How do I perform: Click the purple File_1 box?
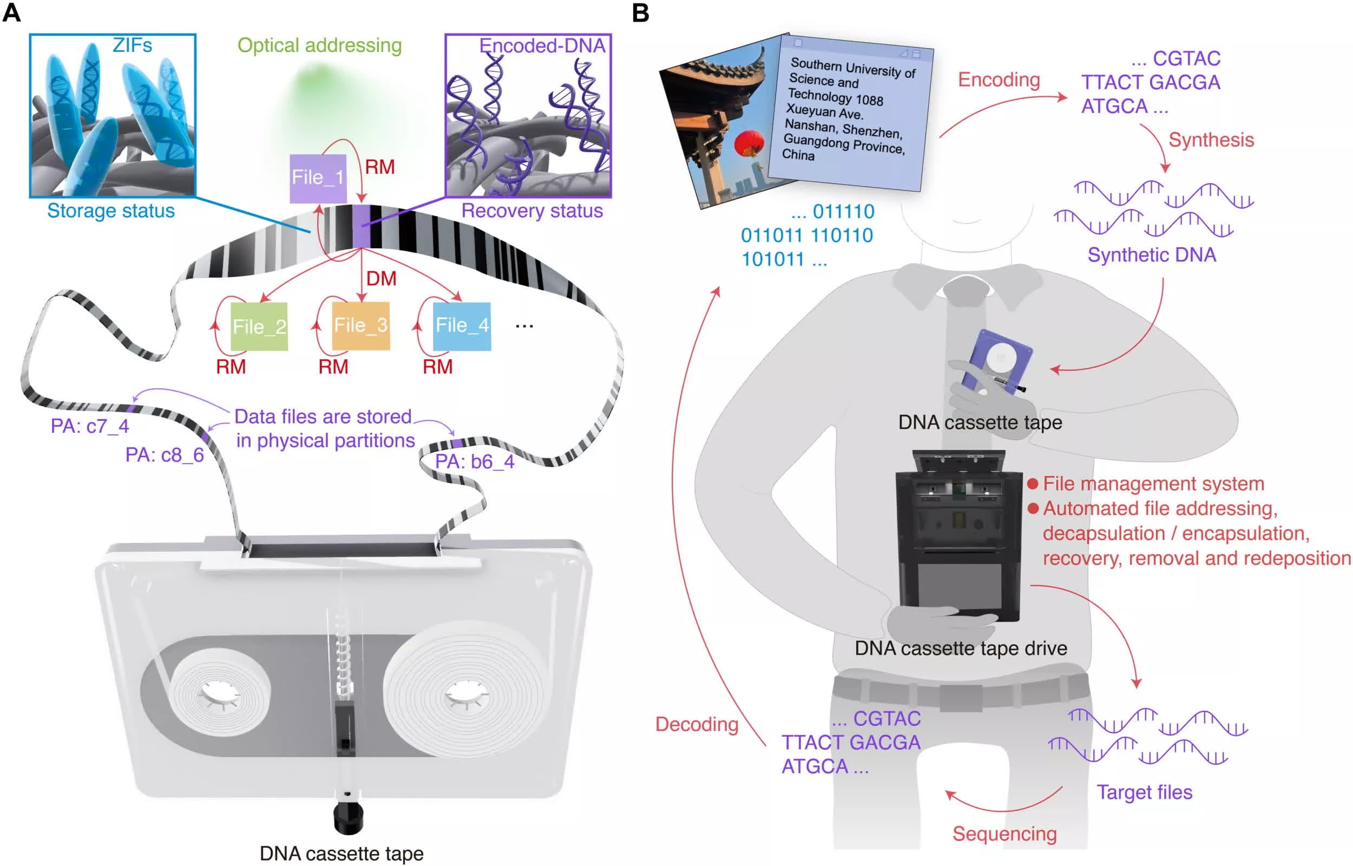(x=318, y=179)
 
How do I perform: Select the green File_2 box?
(x=259, y=327)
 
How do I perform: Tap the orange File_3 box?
(x=360, y=326)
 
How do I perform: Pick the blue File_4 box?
(x=462, y=326)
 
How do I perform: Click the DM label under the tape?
(x=382, y=279)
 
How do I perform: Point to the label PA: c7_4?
(x=90, y=426)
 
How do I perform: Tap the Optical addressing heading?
(x=319, y=45)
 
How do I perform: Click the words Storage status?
(x=111, y=211)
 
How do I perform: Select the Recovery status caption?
(x=531, y=211)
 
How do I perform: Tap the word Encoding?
(x=999, y=80)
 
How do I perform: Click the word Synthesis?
(x=1211, y=140)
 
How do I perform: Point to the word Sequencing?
(x=1004, y=834)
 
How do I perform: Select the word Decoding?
(x=697, y=724)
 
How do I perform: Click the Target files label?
(x=1144, y=792)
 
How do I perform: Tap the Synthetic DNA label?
(x=1152, y=255)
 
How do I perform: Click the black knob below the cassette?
(x=348, y=819)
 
